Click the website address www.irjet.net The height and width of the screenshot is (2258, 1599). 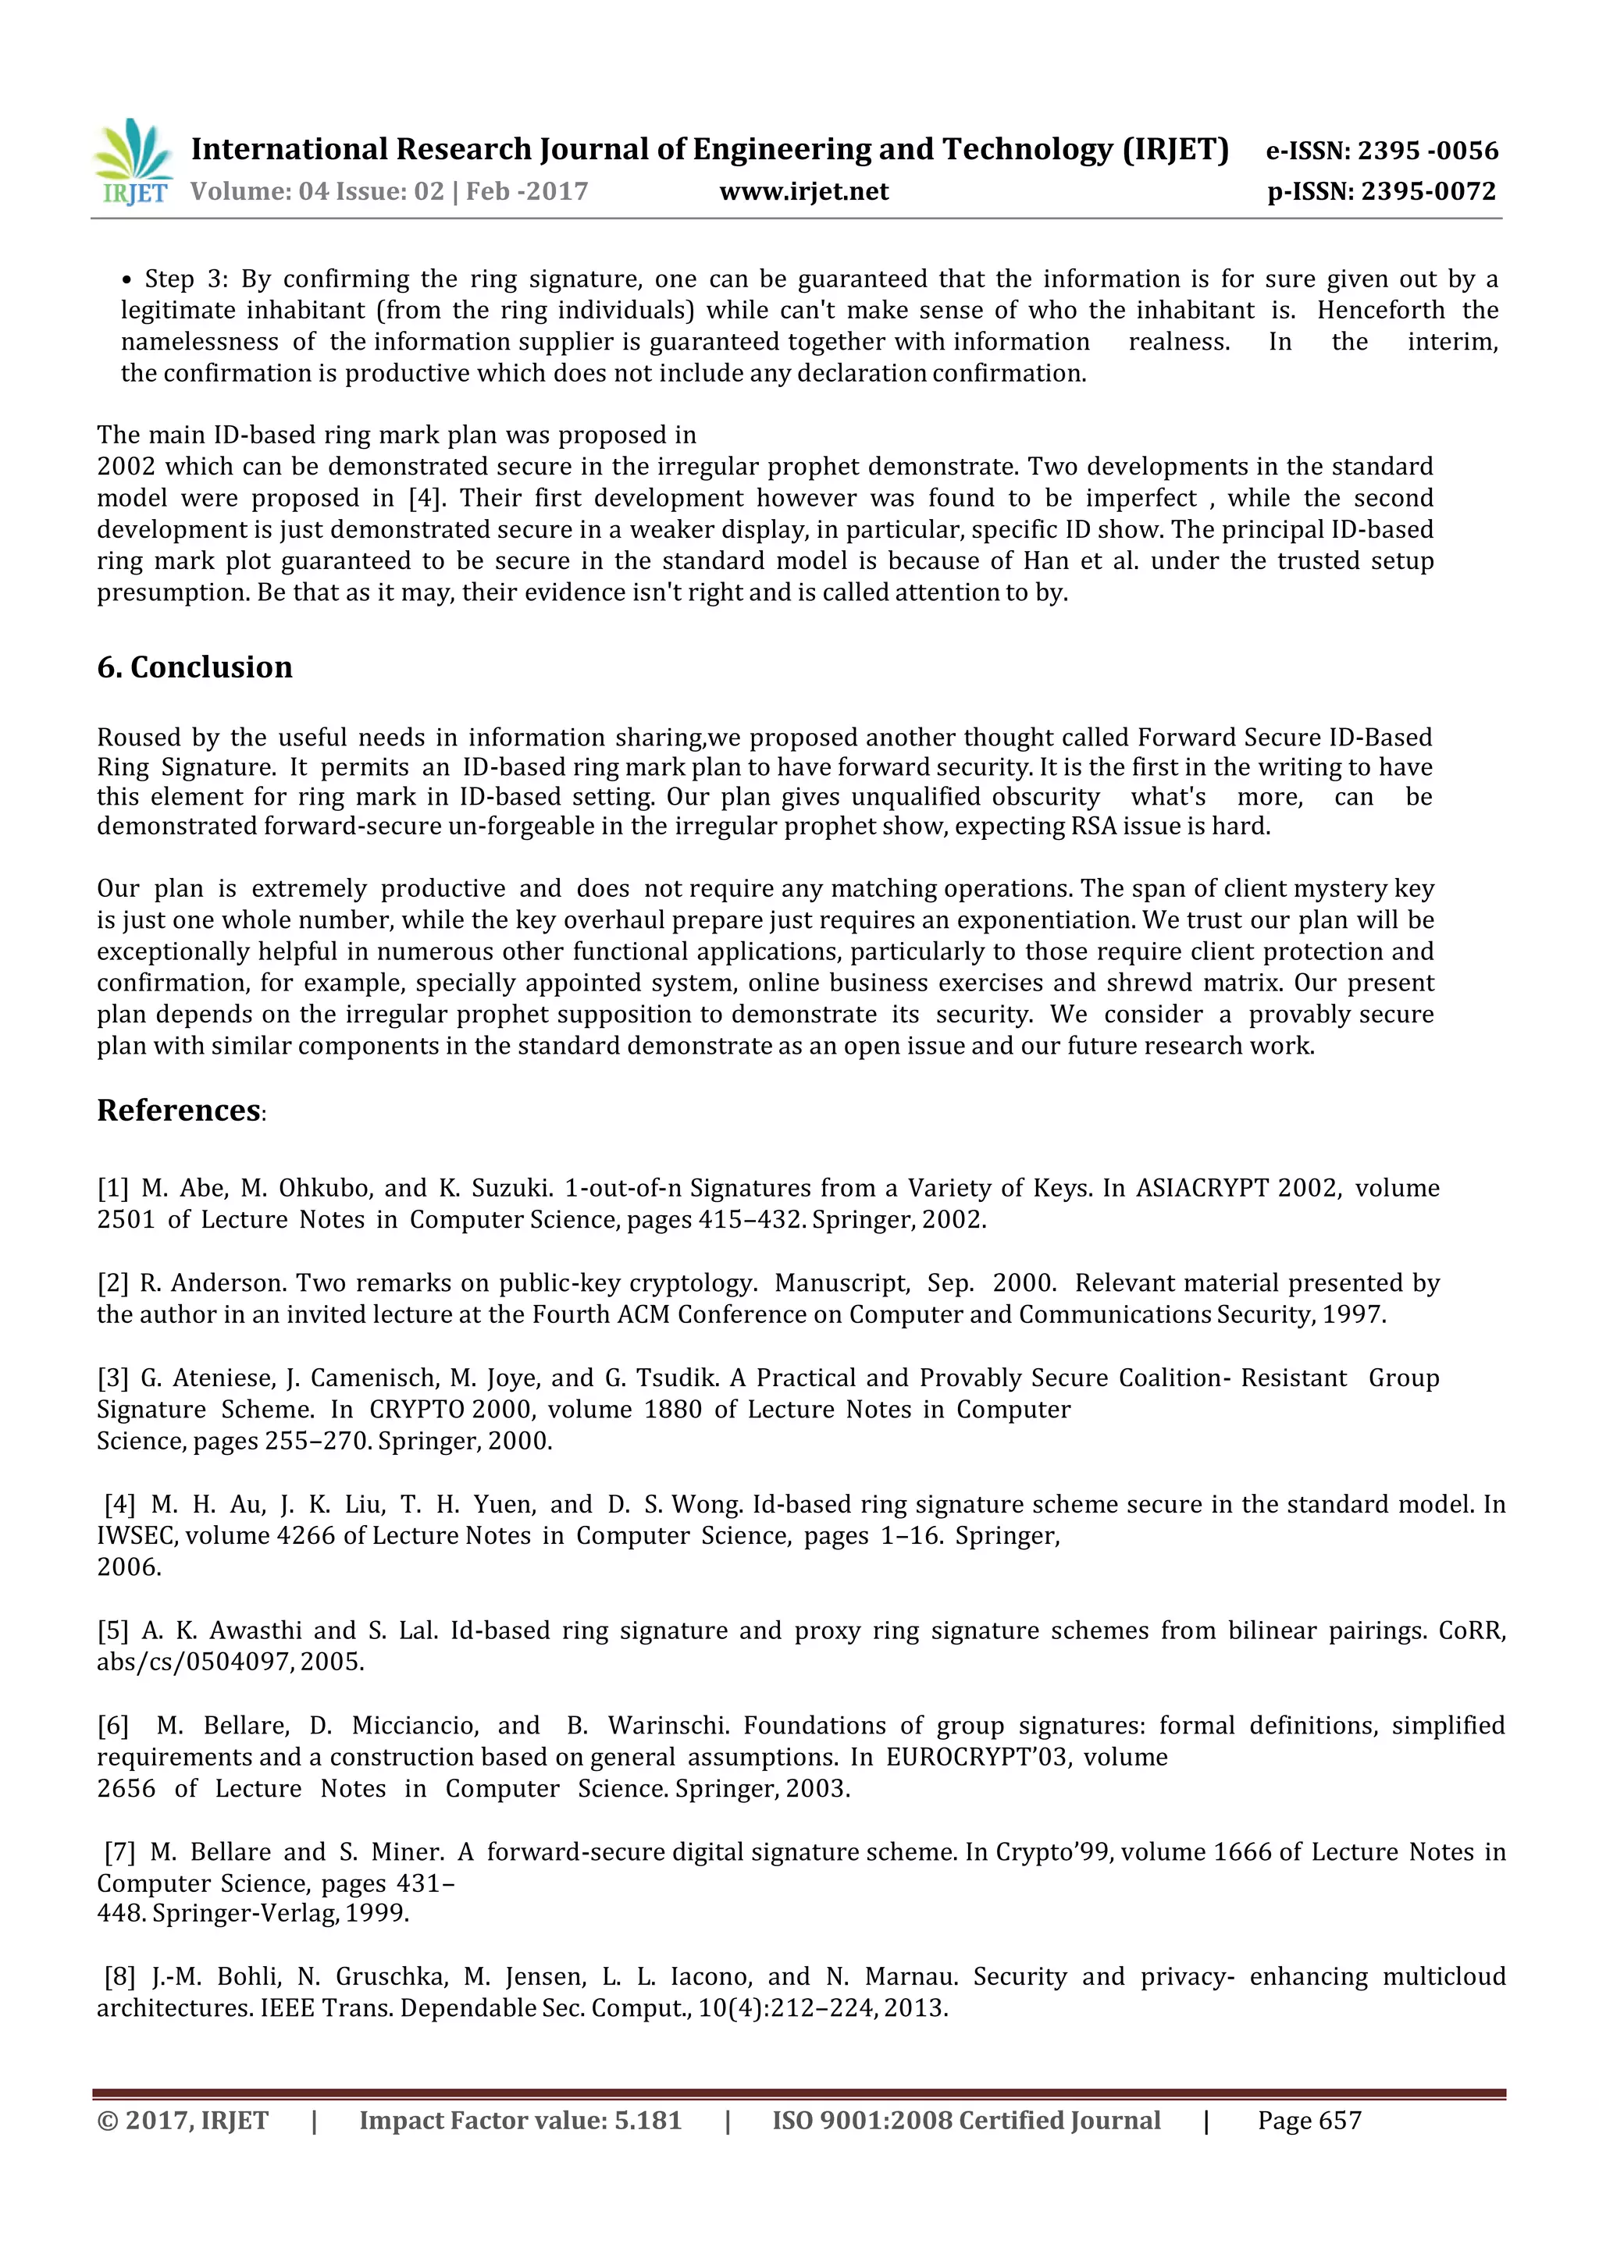coord(803,191)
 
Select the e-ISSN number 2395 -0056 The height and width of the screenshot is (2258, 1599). coord(1428,151)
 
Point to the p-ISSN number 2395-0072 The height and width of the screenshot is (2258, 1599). coord(1429,191)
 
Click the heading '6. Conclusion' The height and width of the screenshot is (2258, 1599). coord(195,667)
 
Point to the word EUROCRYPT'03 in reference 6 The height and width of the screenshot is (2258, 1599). coord(978,1757)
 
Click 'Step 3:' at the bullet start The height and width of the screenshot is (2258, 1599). coord(186,279)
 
